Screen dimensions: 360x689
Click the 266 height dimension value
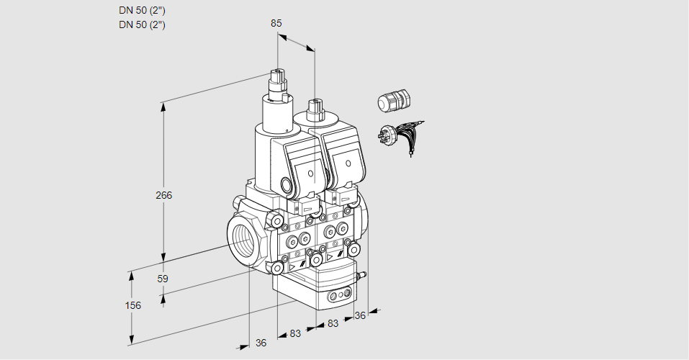[165, 195]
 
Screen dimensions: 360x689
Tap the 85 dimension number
[276, 23]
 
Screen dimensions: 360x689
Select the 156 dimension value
[133, 305]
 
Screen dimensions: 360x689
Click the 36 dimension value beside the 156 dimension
[261, 343]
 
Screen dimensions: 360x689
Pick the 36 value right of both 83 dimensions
[361, 315]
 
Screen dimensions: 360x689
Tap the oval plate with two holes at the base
[340, 294]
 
